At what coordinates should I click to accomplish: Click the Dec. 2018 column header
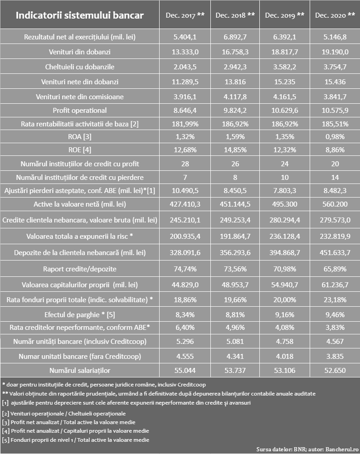pos(235,15)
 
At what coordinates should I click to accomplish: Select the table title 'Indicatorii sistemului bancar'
pos(80,15)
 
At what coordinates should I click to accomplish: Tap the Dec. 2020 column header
pos(335,15)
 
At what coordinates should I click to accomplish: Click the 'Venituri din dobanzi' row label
pos(80,52)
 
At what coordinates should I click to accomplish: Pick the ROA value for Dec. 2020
pos(335,137)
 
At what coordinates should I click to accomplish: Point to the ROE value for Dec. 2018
pos(235,150)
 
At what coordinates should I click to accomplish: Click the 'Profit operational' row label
pos(80,110)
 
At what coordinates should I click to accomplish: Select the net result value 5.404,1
pos(185,37)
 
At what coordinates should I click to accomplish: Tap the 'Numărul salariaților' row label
pos(80,370)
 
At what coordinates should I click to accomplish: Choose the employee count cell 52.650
pos(335,370)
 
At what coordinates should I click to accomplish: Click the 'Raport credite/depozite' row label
pos(80,269)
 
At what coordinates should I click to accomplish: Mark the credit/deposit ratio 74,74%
pos(185,269)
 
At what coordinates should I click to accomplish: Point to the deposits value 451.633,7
pos(335,253)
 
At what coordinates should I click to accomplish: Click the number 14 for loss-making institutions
pos(335,178)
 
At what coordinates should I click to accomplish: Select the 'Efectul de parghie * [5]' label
pos(80,315)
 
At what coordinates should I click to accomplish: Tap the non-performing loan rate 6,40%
pos(185,328)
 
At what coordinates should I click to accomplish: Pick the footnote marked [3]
pos(68,422)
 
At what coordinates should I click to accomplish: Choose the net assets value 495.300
pos(285,204)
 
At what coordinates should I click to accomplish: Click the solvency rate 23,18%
pos(335,299)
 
